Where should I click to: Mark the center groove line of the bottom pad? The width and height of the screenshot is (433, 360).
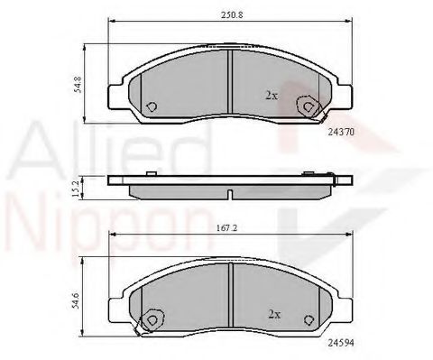point(231,302)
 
